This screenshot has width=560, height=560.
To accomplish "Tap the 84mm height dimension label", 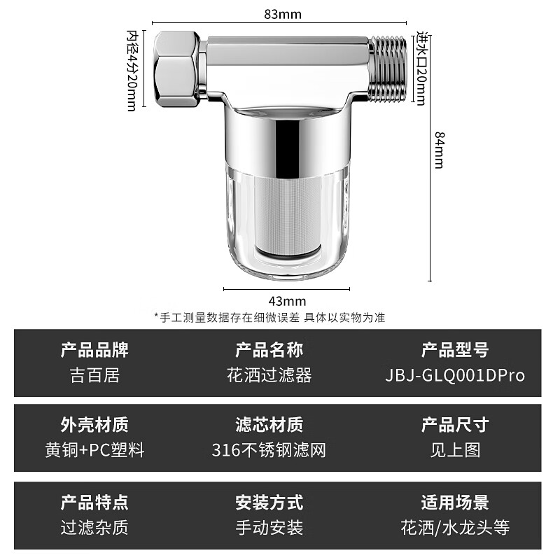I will pos(439,150).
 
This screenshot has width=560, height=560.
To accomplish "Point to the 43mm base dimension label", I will pos(287,301).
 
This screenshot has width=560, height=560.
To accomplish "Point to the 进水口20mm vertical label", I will pos(421,69).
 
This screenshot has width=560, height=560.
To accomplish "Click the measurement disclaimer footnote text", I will pos(269,317).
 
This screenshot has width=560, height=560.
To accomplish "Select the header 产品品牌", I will pos(94,349).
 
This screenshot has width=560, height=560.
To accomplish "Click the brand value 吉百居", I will pos(94,375).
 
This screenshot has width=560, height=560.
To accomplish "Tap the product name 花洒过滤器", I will pos(269,375).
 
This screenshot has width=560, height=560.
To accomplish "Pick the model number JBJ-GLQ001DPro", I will pos(454,375).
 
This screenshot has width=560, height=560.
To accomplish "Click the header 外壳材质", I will pos(94,424).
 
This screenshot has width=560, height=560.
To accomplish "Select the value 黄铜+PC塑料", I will pos(94,450).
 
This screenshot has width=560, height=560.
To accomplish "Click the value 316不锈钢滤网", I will pos(269,450).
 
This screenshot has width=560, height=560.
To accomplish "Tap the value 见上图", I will pos(454,450).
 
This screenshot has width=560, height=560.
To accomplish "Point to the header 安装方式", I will pos(269,502).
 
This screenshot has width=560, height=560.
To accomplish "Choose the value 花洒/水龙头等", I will pos(454,527).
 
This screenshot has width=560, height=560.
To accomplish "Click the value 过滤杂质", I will pos(94,527).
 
